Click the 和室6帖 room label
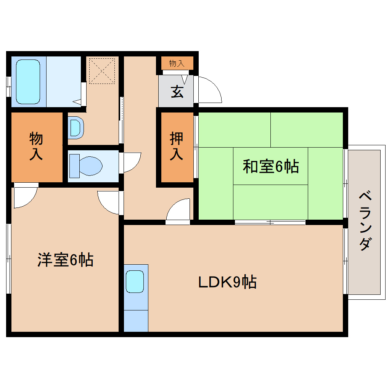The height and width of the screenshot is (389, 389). coord(271,167)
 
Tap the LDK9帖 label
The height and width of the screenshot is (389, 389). coord(227,282)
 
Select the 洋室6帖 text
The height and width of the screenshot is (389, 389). coord(65,260)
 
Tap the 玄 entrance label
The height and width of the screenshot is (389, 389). coord(176,92)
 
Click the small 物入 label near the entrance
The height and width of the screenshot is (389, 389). coord(176,63)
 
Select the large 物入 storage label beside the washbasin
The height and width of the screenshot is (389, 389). coord(36,146)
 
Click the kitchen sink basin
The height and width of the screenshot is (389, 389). coord(135,281)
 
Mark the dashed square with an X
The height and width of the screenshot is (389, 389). coord(101,71)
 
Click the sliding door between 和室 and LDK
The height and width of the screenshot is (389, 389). coord(270,222)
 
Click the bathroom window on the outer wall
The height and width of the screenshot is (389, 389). coord(8,87)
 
